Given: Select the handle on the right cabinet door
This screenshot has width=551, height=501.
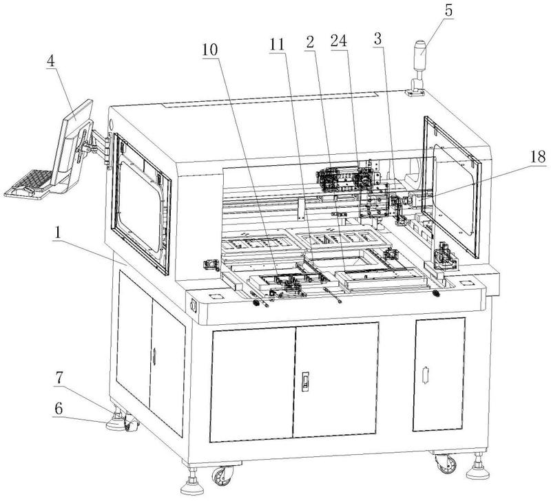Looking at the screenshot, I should pyautogui.click(x=425, y=376).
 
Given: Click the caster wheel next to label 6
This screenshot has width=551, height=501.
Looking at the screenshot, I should pyautogui.click(x=128, y=423).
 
